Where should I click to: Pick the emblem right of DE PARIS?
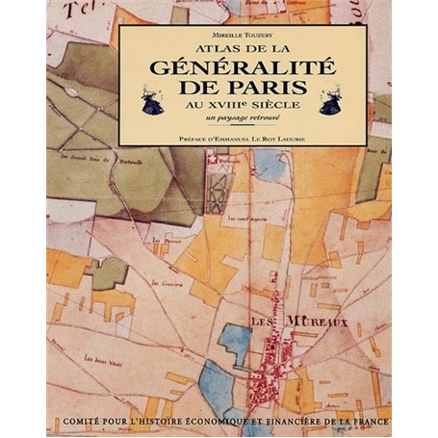(330, 103)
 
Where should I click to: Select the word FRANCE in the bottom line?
(364, 422)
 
